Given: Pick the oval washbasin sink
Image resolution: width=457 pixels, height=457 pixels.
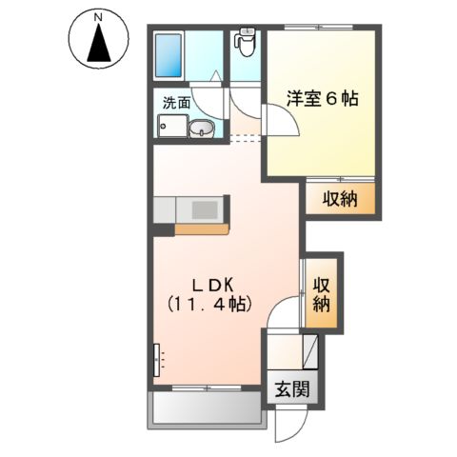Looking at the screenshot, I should pos(201,130).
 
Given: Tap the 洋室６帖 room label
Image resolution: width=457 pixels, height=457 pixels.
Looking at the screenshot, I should pos(323,99).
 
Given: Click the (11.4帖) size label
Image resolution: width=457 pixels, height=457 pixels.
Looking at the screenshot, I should pos(210,305).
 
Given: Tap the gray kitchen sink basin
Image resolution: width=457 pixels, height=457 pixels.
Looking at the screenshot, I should pos(204,208).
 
